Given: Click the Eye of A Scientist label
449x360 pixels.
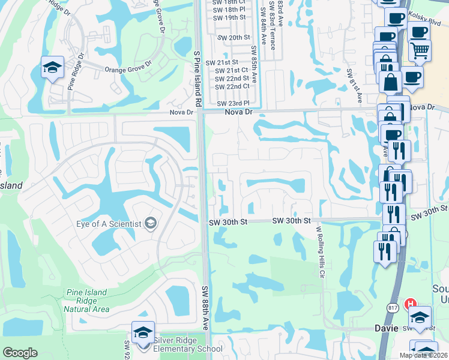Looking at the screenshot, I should [109, 224].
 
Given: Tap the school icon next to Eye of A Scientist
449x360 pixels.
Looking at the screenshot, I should [151, 224].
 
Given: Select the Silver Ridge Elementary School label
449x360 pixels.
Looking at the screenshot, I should [187, 344].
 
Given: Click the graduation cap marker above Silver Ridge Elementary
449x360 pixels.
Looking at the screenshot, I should [143, 333].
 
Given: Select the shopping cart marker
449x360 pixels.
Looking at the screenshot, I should [420, 50].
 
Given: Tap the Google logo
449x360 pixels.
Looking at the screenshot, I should [20, 353].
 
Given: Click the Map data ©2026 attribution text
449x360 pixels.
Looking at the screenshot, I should [423, 355].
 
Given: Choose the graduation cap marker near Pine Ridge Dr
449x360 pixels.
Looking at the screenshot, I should [52, 68].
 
